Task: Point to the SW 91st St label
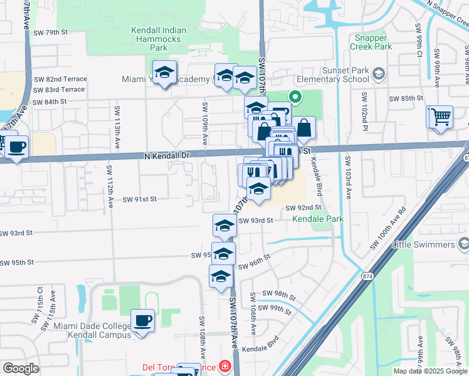coord(139,199)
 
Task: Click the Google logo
coord(21,368)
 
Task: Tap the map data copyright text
coord(429,371)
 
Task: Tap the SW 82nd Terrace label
coord(59,79)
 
